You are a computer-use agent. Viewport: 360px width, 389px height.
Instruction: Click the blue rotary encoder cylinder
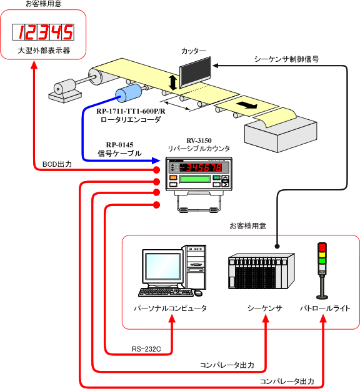tap(128, 93)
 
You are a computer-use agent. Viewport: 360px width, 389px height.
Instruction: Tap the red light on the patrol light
tap(322, 247)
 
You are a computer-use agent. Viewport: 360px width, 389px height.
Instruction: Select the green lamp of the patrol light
tap(322, 261)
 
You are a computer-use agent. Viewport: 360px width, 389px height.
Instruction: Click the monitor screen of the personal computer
tap(163, 266)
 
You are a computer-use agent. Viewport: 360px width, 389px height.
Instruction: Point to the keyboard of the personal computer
tap(166, 292)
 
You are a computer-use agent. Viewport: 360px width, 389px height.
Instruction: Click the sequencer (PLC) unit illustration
tap(261, 271)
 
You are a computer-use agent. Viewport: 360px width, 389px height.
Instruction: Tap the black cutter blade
tap(196, 71)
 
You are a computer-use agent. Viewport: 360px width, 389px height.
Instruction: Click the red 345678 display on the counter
tap(204, 168)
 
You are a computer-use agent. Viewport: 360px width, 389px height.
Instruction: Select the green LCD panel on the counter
tap(195, 179)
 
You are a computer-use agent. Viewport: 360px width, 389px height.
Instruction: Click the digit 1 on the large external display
tap(22, 32)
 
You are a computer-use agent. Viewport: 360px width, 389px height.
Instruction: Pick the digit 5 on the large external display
tap(67, 32)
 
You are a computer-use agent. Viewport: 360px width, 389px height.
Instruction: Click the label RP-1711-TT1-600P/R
tap(131, 111)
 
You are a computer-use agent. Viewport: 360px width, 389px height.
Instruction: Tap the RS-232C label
tap(146, 349)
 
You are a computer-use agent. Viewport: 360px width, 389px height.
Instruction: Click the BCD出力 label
tap(57, 164)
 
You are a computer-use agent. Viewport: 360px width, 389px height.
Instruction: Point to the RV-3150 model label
tap(199, 140)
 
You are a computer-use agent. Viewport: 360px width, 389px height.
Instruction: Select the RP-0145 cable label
tap(119, 145)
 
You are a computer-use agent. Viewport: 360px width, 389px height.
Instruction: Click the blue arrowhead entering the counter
tap(156, 160)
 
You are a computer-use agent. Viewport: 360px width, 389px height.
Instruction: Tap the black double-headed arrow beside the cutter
tap(172, 82)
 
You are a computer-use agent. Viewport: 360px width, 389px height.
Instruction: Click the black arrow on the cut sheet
tap(246, 105)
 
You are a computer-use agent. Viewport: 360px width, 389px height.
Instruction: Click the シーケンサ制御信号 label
tap(286, 59)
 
